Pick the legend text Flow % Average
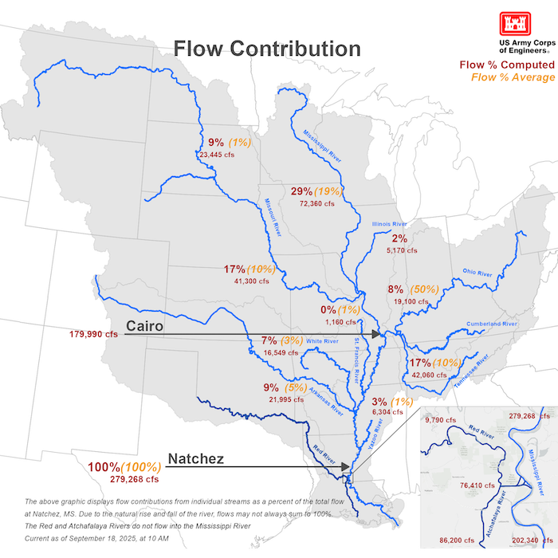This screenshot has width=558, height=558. (x=512, y=77)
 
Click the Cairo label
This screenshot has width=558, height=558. (x=145, y=326)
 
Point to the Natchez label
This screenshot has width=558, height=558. (x=195, y=459)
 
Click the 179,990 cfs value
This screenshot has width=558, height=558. (x=93, y=335)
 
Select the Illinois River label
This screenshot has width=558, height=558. (x=390, y=224)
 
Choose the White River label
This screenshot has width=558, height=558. (x=322, y=341)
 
